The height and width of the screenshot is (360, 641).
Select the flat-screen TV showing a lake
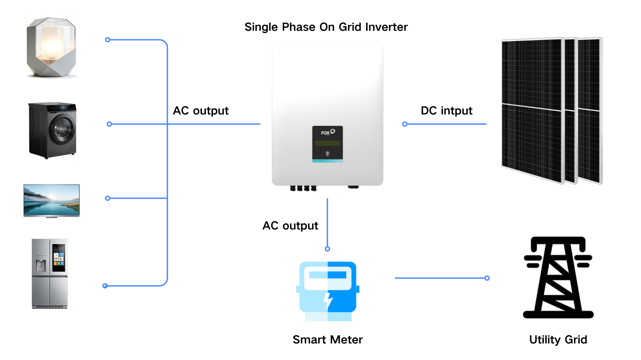tap(51, 200)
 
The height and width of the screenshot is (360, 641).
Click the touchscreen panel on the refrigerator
tap(59, 257)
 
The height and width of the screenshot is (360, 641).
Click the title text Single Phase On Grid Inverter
tap(326, 27)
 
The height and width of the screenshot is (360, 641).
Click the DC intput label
tap(446, 111)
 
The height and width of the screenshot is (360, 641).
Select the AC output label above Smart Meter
tap(290, 226)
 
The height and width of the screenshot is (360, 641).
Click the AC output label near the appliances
tap(201, 111)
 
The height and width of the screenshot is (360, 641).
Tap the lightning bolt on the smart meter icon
tap(328, 300)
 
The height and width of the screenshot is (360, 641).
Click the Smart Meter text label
tap(328, 340)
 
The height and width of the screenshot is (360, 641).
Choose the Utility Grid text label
tap(558, 340)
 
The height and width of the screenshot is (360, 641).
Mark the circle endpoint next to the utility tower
tap(487, 278)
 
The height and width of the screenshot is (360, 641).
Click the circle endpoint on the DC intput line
tap(405, 124)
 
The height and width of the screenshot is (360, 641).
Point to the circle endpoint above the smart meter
tap(328, 249)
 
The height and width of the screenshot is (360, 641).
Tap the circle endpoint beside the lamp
tap(108, 40)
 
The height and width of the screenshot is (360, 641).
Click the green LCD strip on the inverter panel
tap(328, 143)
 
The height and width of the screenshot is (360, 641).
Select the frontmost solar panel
tap(531, 110)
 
